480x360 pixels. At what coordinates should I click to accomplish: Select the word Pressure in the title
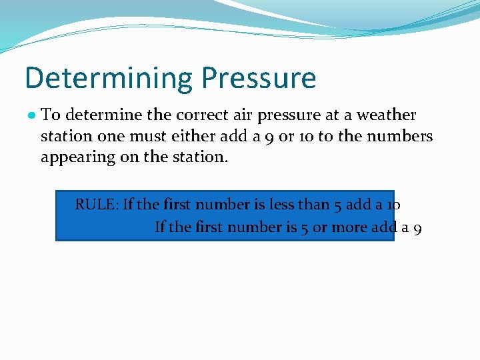pos(259,78)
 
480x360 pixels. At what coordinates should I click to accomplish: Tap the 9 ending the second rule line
pos(417,228)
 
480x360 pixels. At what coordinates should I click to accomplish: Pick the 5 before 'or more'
pos(303,228)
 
